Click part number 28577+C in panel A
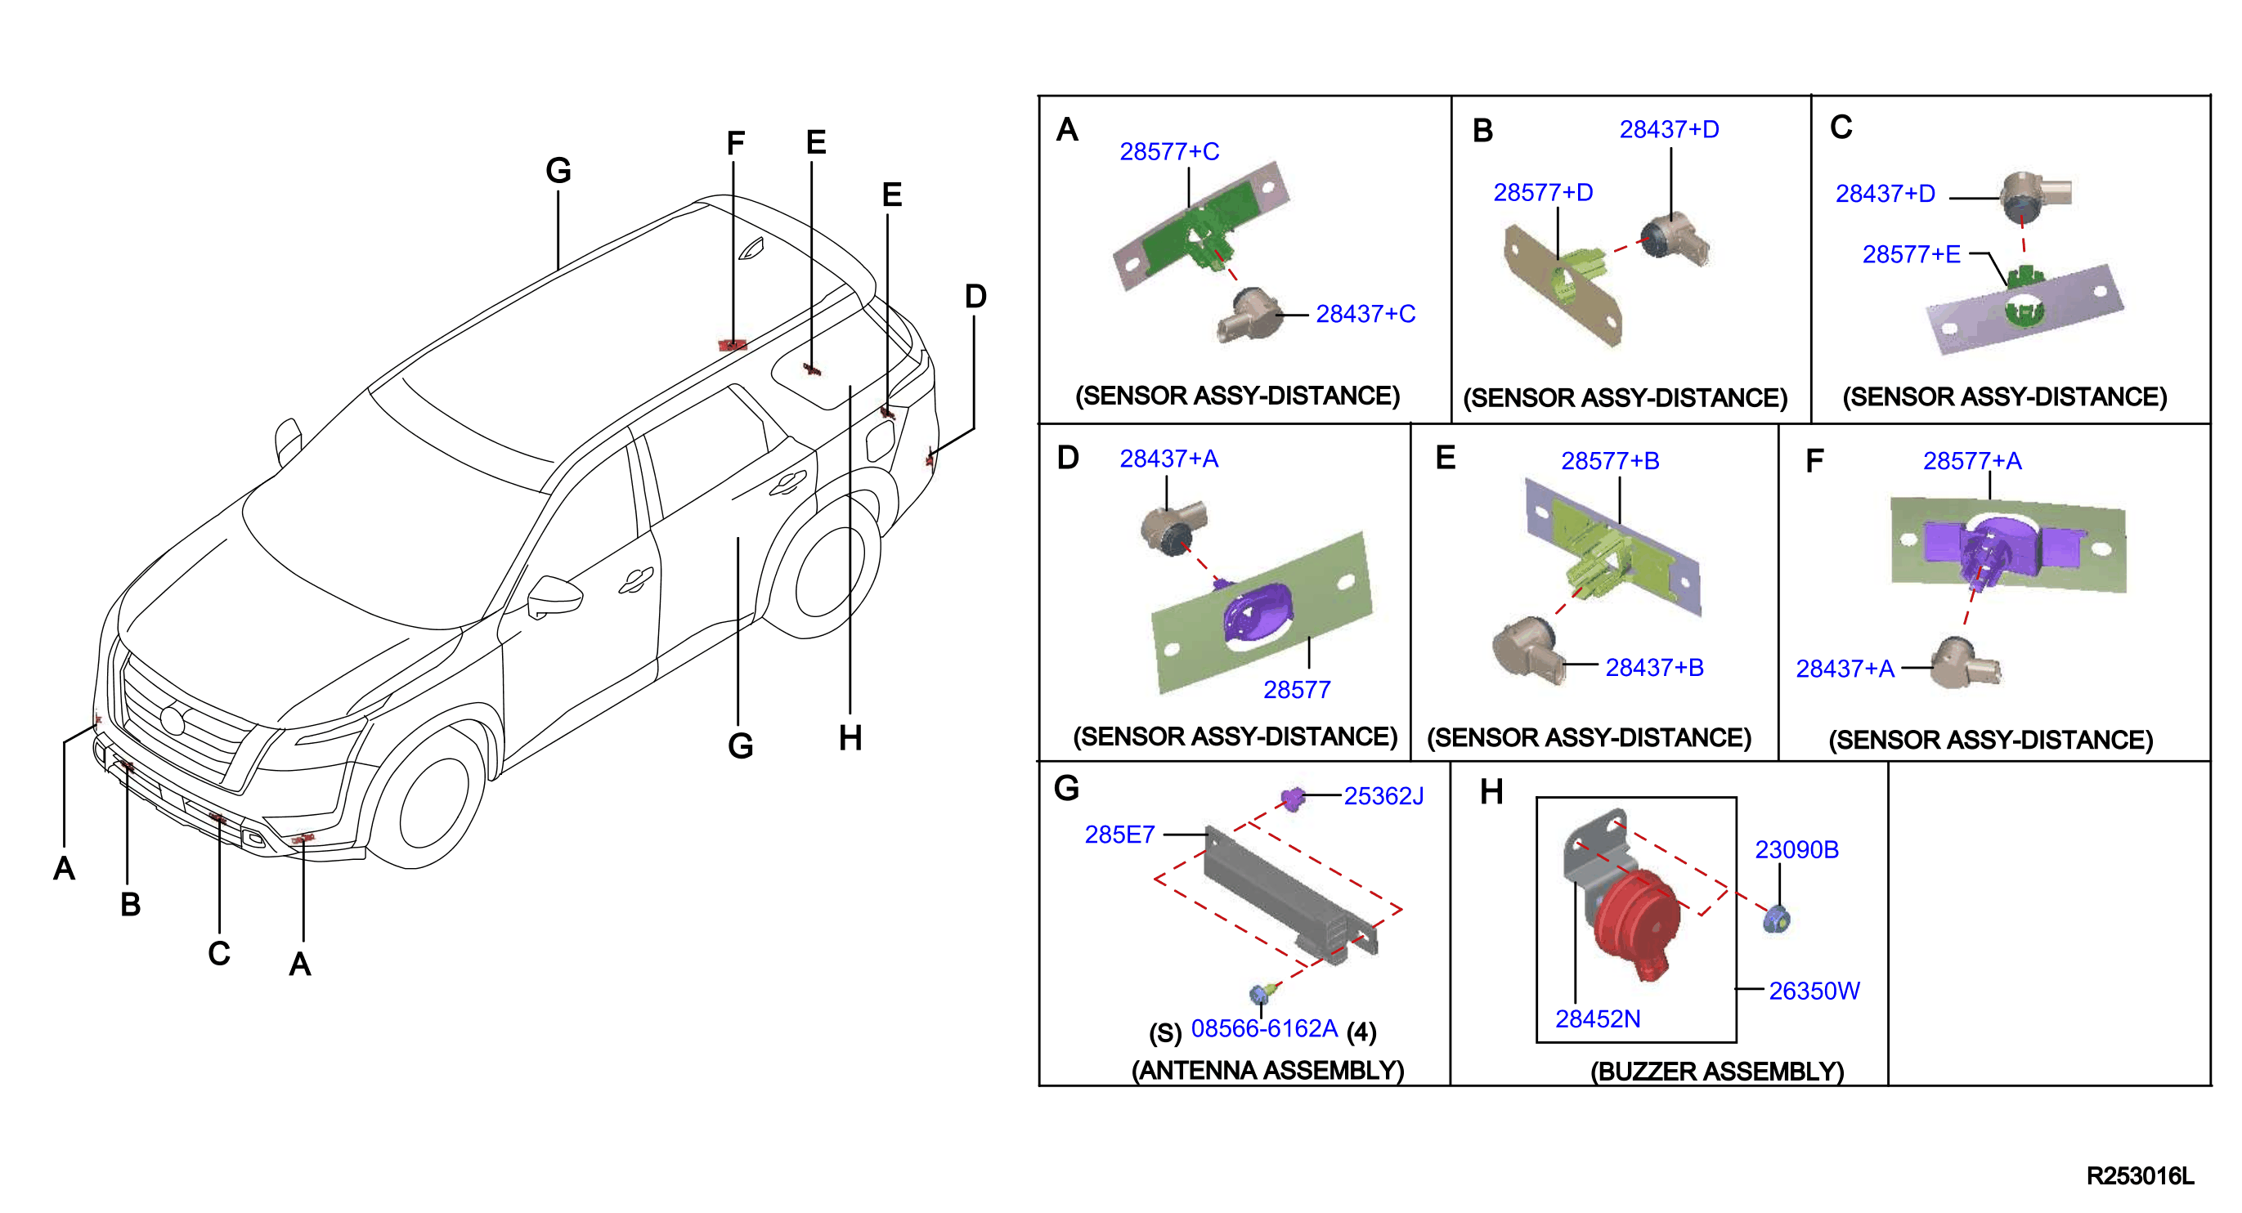(1169, 151)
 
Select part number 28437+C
(1365, 313)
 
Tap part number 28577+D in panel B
(1542, 192)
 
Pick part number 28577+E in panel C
(1912, 254)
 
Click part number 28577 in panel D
(1297, 690)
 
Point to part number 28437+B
(1655, 668)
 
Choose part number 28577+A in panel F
(1972, 460)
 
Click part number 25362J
(1383, 796)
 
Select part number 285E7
(1119, 835)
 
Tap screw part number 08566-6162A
(1264, 1028)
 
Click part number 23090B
(1796, 849)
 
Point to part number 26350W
(1814, 991)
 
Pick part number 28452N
(1597, 1019)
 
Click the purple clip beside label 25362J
(1293, 798)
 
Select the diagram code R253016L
(2140, 1176)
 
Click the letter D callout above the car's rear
(975, 297)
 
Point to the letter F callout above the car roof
(735, 143)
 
